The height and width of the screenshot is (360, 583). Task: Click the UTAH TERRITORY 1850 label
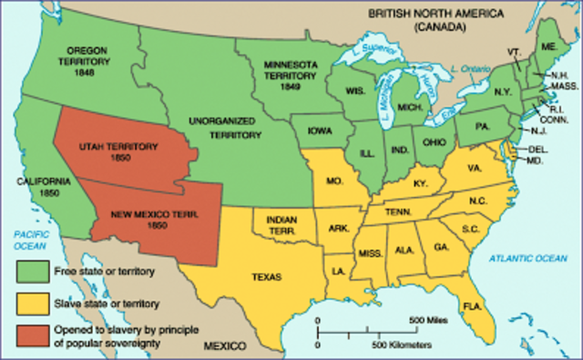coord(119,152)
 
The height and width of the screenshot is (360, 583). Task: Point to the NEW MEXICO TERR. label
coord(153,218)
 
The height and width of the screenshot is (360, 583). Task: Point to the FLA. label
coord(472,305)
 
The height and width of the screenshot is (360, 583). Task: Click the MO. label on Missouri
coord(334,181)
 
